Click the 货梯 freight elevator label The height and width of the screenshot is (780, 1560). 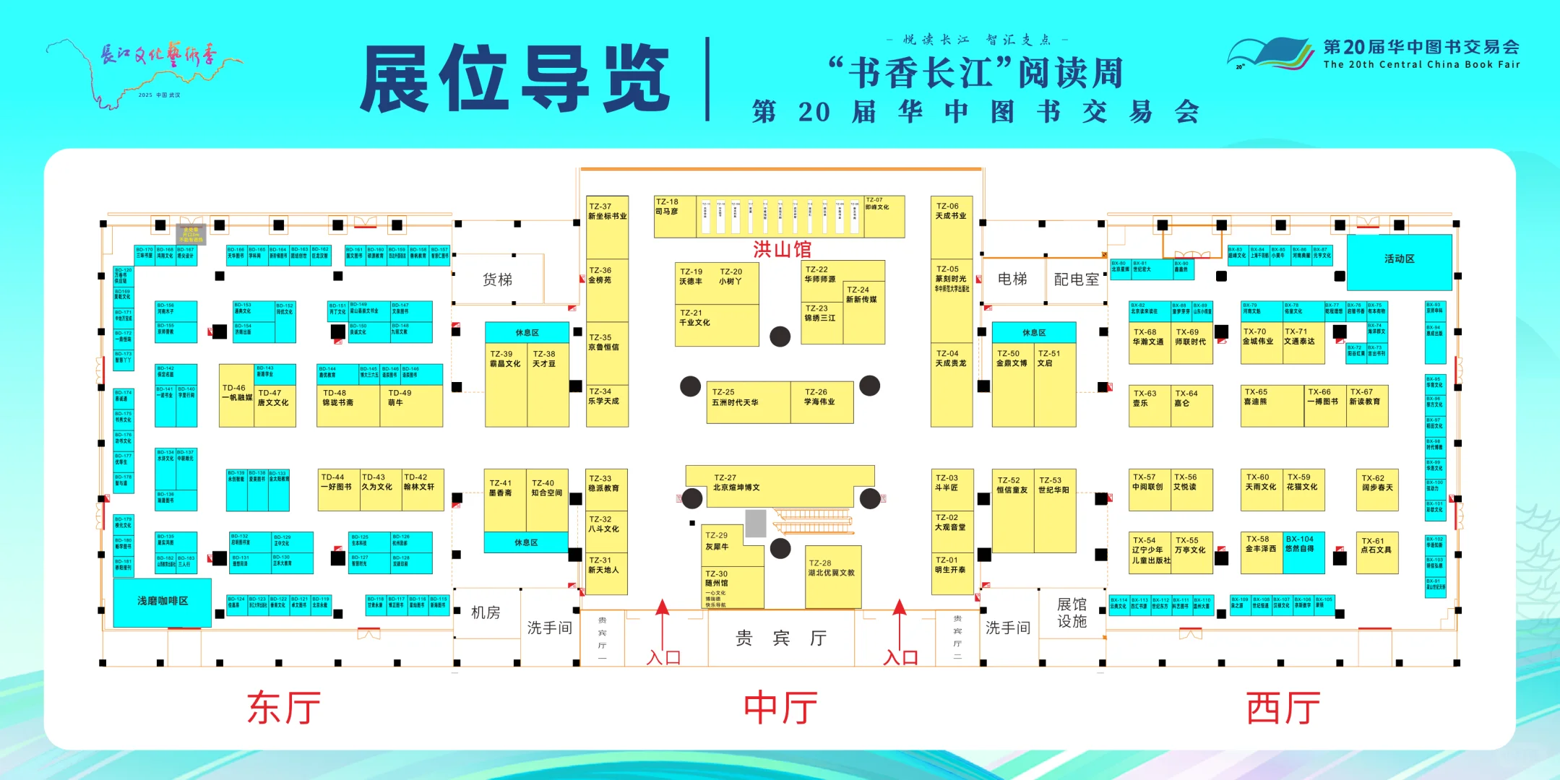[x=497, y=279]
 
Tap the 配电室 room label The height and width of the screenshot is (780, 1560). [x=1076, y=279]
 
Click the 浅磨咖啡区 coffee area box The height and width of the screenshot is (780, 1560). [x=163, y=602]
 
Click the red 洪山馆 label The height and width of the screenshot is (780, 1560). [x=782, y=249]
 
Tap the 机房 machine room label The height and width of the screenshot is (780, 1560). [x=486, y=613]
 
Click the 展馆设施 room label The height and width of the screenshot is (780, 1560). [x=1072, y=612]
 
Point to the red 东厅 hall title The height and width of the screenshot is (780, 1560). [x=283, y=707]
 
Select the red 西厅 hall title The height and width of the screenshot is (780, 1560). [x=1283, y=707]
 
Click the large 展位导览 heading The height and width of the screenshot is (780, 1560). [x=515, y=78]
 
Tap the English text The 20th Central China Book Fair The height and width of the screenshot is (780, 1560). [x=1421, y=64]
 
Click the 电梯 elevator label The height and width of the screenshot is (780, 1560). [x=1012, y=279]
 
